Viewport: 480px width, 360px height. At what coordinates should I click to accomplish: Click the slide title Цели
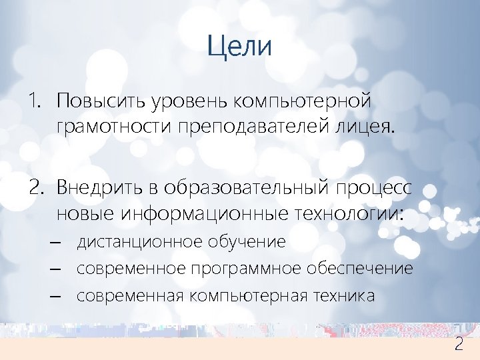click(x=239, y=47)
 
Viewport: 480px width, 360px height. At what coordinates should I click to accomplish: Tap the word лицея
click(x=369, y=127)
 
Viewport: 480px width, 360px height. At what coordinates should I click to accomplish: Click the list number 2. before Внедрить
click(x=35, y=187)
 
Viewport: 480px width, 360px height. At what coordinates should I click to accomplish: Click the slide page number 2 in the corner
click(x=459, y=345)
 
